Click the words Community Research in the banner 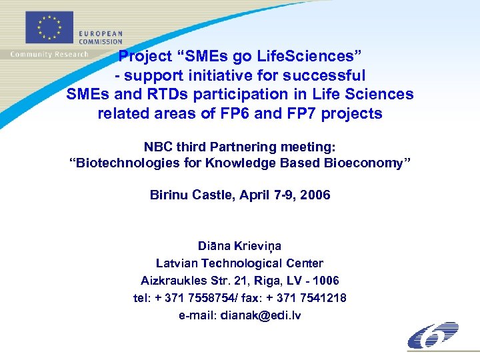tap(49, 54)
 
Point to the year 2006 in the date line tap(315, 195)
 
